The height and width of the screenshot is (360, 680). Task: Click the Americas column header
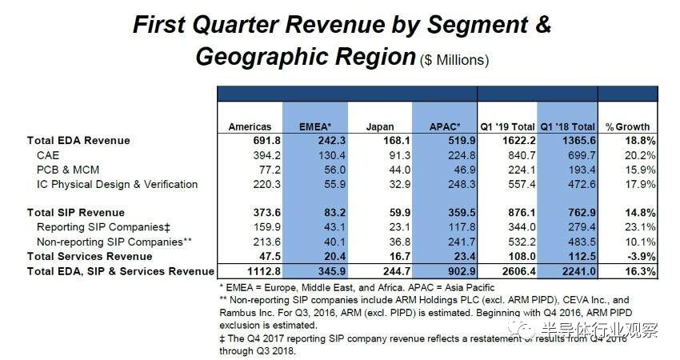(x=250, y=126)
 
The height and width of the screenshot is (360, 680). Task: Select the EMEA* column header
(x=315, y=126)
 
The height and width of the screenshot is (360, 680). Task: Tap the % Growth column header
(x=627, y=126)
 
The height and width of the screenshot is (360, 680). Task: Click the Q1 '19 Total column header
(x=506, y=126)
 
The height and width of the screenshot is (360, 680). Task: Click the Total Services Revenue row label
(x=90, y=257)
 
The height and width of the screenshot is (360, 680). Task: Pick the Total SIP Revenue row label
(x=76, y=213)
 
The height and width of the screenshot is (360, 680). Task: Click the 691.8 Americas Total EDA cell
(x=257, y=141)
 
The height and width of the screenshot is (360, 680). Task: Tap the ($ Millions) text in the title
(x=454, y=60)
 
